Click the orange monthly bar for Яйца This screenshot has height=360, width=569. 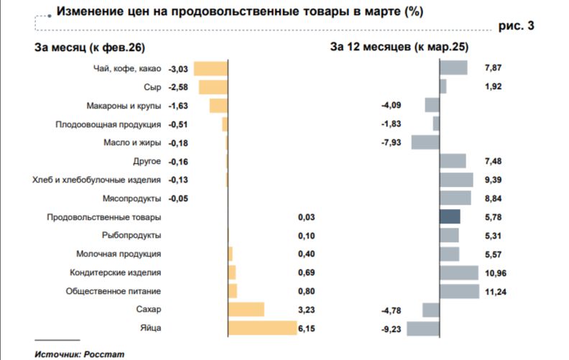(262, 328)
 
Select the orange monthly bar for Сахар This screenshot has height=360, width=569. (246, 310)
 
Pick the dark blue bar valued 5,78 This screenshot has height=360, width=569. (450, 217)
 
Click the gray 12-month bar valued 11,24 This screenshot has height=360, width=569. (459, 291)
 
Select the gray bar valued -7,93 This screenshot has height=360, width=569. (425, 142)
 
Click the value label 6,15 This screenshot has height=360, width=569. (307, 328)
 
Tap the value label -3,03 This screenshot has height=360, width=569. (177, 69)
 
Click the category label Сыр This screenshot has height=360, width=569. (152, 87)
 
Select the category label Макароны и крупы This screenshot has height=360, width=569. (124, 106)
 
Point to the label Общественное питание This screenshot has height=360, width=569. (113, 291)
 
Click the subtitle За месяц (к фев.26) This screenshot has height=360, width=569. (89, 47)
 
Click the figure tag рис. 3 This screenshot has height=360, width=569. (516, 26)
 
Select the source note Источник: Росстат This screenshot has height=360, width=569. (69, 354)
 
